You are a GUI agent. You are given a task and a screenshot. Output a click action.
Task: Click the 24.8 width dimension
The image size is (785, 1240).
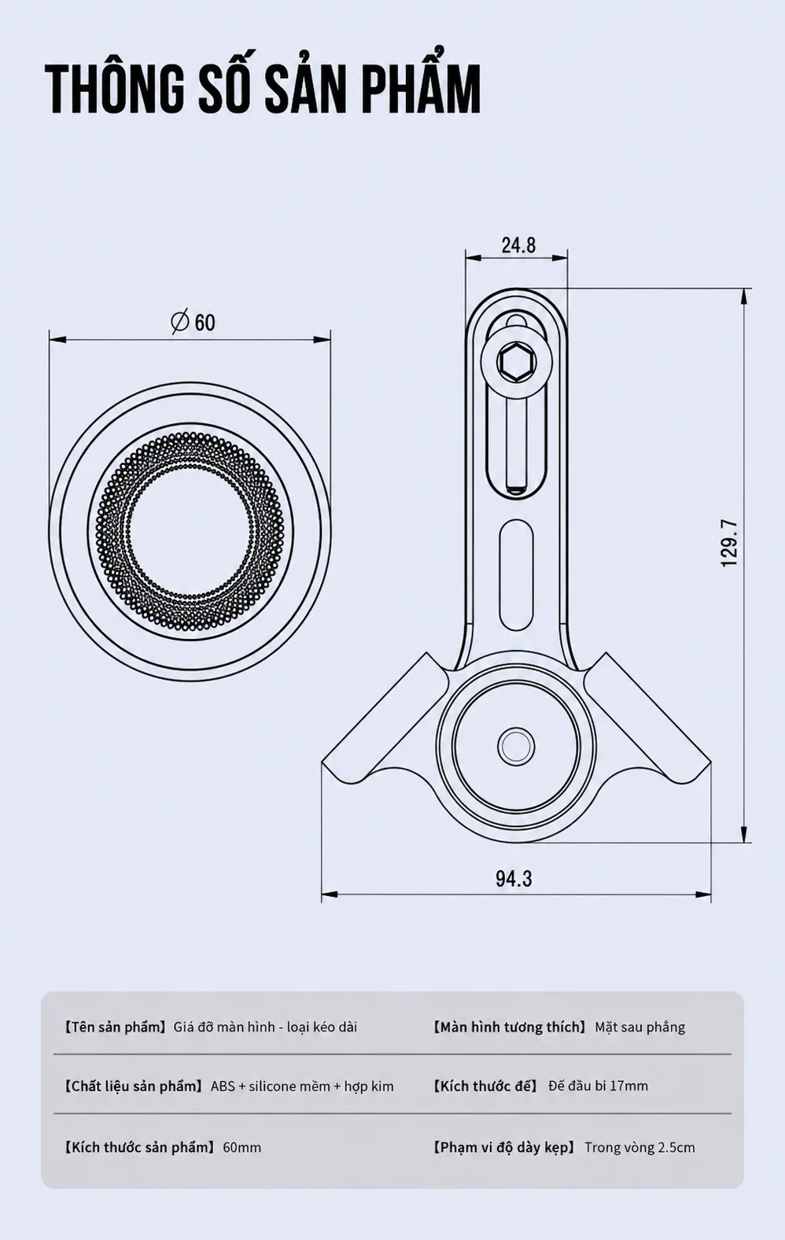coord(518,245)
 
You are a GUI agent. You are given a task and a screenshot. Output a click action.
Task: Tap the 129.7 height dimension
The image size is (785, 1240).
coord(730,543)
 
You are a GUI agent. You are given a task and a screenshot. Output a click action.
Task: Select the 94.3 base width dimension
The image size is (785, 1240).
coord(514,878)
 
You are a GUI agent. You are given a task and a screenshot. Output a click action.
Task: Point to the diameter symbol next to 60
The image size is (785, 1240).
coord(180,321)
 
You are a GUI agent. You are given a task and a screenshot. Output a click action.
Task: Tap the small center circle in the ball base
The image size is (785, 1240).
coord(516,746)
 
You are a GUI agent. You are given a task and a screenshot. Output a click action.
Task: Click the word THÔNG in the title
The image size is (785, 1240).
coord(115,90)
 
